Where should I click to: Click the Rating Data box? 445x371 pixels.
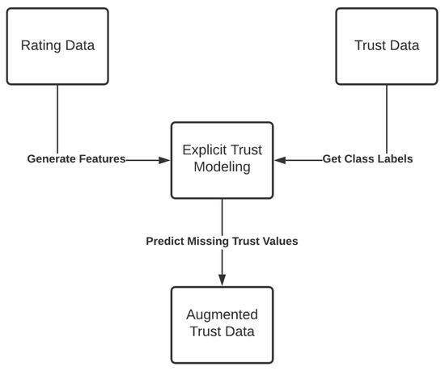tap(57, 46)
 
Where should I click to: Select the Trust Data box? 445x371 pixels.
tap(387, 46)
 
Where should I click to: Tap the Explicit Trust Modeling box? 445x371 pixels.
tap(222, 160)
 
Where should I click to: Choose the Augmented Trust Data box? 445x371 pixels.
tap(222, 324)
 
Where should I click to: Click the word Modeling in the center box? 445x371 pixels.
tap(222, 169)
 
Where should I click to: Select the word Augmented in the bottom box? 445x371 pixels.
tap(222, 315)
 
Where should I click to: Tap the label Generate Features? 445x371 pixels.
tap(76, 160)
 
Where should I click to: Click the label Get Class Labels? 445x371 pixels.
tap(367, 160)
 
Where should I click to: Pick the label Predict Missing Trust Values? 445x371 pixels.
tap(222, 241)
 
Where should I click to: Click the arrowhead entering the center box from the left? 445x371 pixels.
tap(166, 160)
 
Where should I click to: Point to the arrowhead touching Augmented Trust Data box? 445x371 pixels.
tap(222, 281)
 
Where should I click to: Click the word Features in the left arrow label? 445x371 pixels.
tap(101, 160)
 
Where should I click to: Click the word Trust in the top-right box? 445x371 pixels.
tap(371, 46)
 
